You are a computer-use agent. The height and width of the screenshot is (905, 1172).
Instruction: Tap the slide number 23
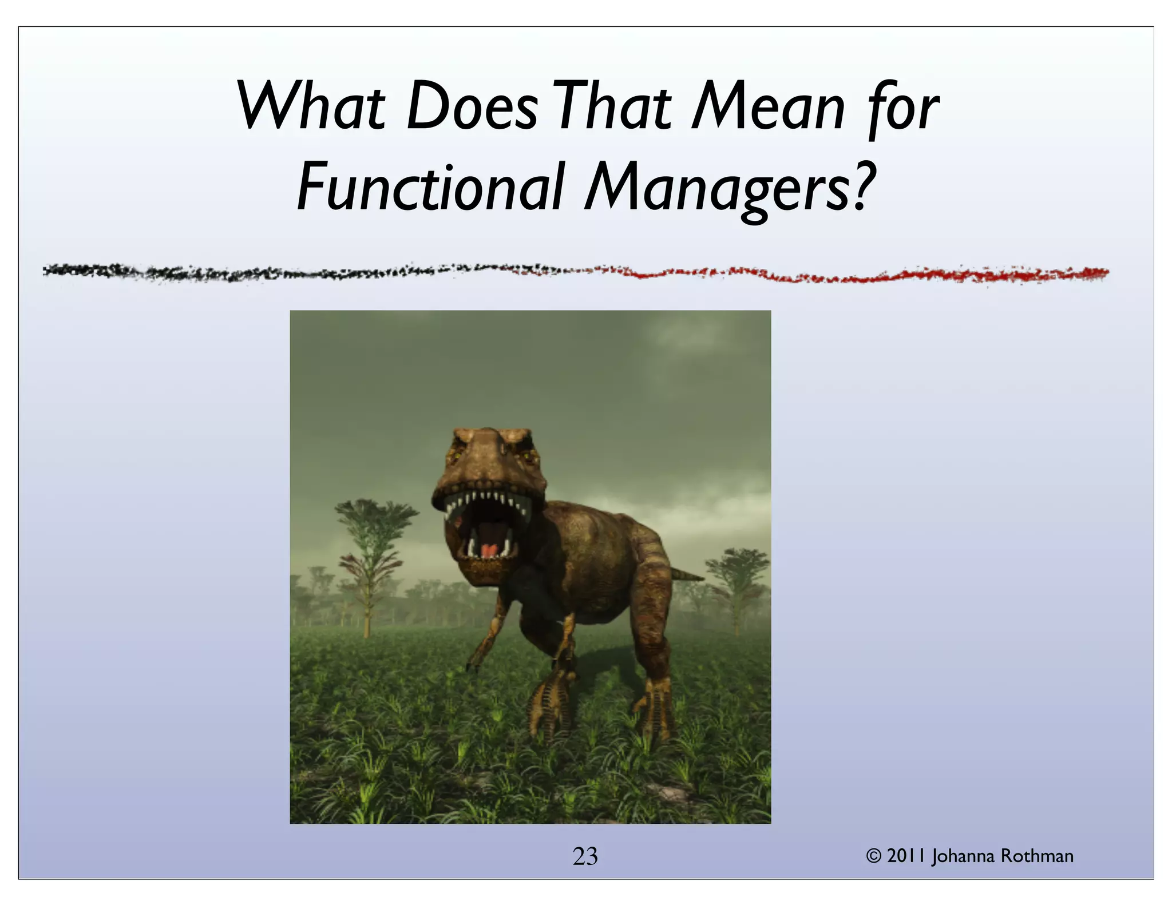585,856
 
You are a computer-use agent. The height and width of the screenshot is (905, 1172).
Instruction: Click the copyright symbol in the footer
874,856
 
